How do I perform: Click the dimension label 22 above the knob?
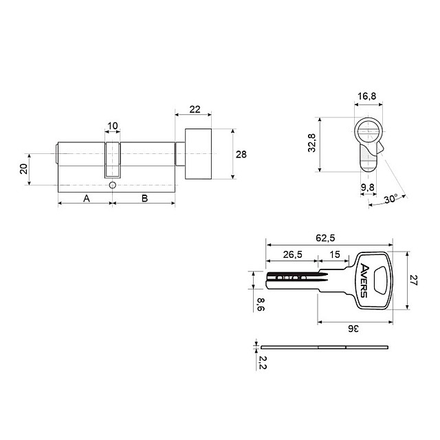pyautogui.click(x=195, y=109)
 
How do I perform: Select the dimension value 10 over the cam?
pyautogui.click(x=113, y=126)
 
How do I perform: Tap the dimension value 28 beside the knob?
pyautogui.click(x=241, y=154)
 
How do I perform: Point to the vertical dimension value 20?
pyautogui.click(x=24, y=169)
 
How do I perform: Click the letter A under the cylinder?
pyautogui.click(x=87, y=199)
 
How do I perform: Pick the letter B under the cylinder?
pyautogui.click(x=144, y=199)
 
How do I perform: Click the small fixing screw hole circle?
pyautogui.click(x=112, y=185)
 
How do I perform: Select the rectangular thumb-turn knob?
pyautogui.click(x=198, y=154)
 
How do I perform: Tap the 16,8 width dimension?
pyautogui.click(x=366, y=96)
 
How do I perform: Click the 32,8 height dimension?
pyautogui.click(x=311, y=143)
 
